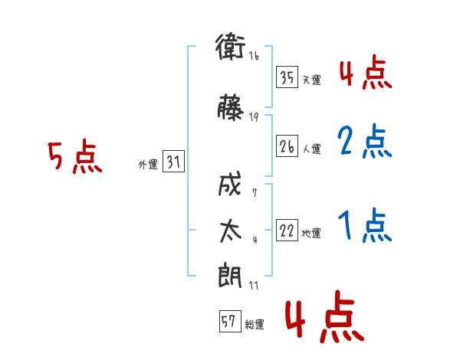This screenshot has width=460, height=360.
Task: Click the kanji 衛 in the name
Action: (231, 46)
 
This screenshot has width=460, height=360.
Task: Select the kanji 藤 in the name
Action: (231, 107)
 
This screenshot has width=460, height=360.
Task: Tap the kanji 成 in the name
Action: (230, 184)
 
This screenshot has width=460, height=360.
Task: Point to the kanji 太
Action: (231, 231)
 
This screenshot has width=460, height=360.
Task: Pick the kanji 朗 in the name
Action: (230, 275)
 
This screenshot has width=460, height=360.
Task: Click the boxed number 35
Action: (287, 77)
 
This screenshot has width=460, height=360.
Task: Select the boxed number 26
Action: (287, 146)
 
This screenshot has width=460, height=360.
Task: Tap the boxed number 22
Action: (287, 230)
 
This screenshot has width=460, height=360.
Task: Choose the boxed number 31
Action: (173, 162)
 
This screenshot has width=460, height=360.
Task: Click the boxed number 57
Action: (230, 321)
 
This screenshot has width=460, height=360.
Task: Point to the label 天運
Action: (312, 80)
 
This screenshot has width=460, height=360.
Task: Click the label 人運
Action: (312, 149)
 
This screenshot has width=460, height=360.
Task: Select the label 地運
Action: (311, 234)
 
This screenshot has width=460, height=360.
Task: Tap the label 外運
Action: (148, 165)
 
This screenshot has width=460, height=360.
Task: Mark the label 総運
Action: (255, 324)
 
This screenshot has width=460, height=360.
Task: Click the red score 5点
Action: (75, 156)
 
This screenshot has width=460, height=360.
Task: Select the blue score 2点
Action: (365, 141)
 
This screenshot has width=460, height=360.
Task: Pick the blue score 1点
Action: (365, 225)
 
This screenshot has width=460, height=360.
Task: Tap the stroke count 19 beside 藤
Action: (254, 117)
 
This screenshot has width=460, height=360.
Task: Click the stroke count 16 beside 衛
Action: (254, 56)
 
